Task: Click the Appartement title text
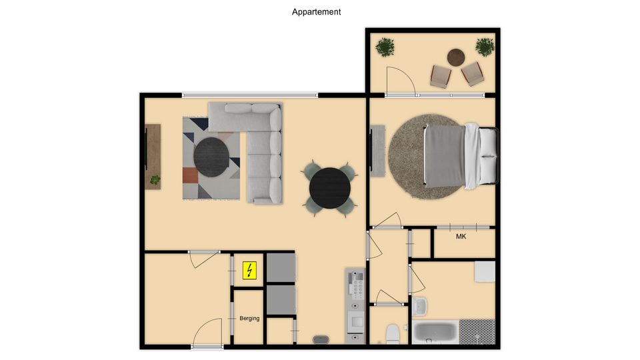point(316,12)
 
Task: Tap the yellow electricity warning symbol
point(249,271)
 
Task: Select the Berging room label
point(249,319)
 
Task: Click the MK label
point(461,236)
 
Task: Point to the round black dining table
point(330,188)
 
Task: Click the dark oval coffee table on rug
point(211,157)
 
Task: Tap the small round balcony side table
point(456,57)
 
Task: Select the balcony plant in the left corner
point(385,47)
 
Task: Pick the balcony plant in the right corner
point(485,47)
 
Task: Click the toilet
point(393,334)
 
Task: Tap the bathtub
point(435,333)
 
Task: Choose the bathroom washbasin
point(419,306)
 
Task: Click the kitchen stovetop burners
point(355,283)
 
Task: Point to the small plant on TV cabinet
point(155,179)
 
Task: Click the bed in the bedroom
point(461,156)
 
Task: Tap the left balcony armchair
point(441,76)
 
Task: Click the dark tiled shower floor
point(477,332)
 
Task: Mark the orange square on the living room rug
point(190,175)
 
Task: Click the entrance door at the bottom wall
point(207,347)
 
